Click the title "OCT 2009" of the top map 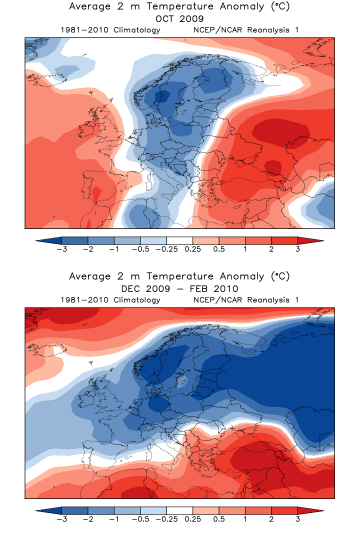coord(179,19)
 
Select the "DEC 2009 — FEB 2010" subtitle coord(179,289)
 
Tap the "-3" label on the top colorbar coord(61,249)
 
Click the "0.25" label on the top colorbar coord(192,249)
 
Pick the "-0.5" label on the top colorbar coord(140,249)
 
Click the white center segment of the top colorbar coord(179,240)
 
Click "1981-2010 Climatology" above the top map coord(110,30)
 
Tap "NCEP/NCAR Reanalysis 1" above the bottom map coord(245,300)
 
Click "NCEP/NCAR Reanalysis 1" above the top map coord(245,30)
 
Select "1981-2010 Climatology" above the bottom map coord(110,300)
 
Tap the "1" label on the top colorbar coord(245,249)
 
